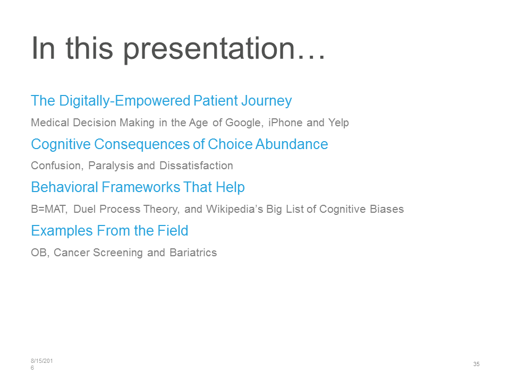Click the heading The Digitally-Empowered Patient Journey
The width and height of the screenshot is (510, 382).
(x=161, y=101)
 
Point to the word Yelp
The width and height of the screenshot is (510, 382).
(x=338, y=123)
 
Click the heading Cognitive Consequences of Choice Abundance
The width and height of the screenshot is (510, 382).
(x=180, y=144)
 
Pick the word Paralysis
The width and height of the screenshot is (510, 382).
(x=111, y=166)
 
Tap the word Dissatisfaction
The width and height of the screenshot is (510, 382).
(x=196, y=166)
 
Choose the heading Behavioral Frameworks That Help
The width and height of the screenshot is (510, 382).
(x=138, y=187)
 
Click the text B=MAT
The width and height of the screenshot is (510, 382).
(x=49, y=209)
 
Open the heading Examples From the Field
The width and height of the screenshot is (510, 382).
(x=109, y=231)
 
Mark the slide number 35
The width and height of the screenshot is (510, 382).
(x=477, y=364)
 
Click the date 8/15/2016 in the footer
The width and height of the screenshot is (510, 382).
(x=41, y=364)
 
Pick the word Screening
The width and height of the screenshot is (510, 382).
(x=118, y=253)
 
